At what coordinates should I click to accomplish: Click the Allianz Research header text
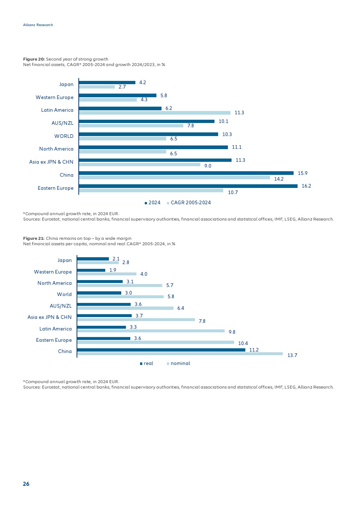(x=38, y=25)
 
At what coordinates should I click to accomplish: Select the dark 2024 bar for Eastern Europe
(x=188, y=186)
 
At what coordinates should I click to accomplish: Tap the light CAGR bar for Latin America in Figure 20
(x=155, y=113)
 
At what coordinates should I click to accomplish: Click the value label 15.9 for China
(x=302, y=173)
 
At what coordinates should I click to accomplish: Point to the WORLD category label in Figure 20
(x=64, y=136)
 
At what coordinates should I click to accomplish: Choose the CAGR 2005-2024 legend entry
(x=190, y=203)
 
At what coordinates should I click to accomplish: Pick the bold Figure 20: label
(x=34, y=59)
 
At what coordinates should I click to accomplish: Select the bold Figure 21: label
(x=34, y=238)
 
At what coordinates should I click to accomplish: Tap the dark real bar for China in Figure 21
(x=161, y=350)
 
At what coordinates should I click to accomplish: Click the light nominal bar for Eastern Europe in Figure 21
(x=155, y=342)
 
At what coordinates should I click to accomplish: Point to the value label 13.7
(x=292, y=356)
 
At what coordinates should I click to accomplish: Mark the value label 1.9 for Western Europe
(x=113, y=270)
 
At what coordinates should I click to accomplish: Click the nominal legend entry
(x=180, y=364)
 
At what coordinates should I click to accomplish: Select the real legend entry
(x=148, y=364)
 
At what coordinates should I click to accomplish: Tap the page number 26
(x=26, y=484)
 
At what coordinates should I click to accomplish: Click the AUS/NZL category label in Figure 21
(x=61, y=306)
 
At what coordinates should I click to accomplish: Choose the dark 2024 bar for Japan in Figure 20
(x=107, y=83)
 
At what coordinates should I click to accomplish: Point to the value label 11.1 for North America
(x=237, y=147)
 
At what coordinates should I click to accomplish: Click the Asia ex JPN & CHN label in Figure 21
(x=50, y=317)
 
